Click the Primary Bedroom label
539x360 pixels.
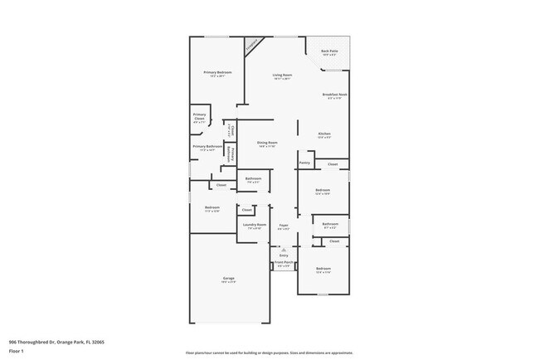pyautogui.click(x=217, y=72)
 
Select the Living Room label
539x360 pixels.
pyautogui.click(x=283, y=75)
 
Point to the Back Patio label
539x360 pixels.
pyautogui.click(x=329, y=51)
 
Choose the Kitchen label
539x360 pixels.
pyautogui.click(x=325, y=134)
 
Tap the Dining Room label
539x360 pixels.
pyautogui.click(x=267, y=143)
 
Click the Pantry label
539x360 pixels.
pyautogui.click(x=305, y=163)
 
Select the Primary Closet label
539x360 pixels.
pyautogui.click(x=199, y=115)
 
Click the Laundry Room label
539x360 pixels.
pyautogui.click(x=254, y=225)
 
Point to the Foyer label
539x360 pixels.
pyautogui.click(x=284, y=225)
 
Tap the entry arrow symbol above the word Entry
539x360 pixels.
pyautogui.click(x=284, y=249)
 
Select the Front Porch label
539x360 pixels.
pyautogui.click(x=283, y=264)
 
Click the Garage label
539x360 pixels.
pyautogui.click(x=228, y=278)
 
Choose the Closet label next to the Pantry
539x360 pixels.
pyautogui.click(x=333, y=164)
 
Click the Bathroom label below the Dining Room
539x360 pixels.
pyautogui.click(x=253, y=178)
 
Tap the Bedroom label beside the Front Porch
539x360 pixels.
pyautogui.click(x=323, y=269)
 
